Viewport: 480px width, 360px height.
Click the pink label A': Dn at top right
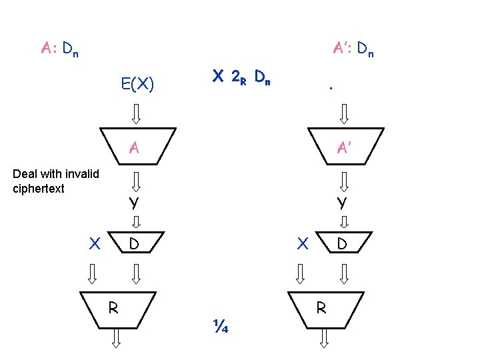[353, 48]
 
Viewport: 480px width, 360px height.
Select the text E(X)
[138, 85]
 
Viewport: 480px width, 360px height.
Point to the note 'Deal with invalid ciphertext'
[56, 181]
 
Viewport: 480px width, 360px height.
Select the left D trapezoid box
[136, 244]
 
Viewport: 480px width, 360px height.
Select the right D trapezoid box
[343, 244]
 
